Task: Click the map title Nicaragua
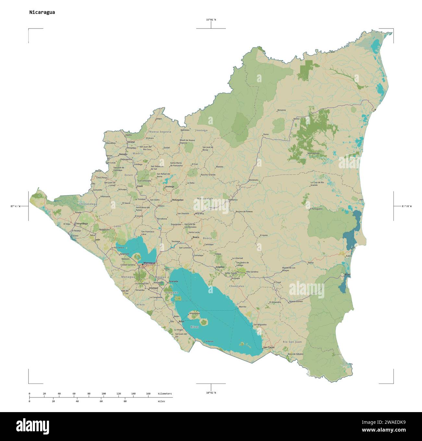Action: coord(42,12)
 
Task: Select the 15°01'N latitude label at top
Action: coord(211,20)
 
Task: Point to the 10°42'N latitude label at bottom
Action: coord(211,393)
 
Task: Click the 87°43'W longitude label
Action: coord(15,206)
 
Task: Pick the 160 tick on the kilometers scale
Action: coord(148,394)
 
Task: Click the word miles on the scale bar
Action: coord(161,401)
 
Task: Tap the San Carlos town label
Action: coord(269,347)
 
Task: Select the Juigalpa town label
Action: coord(220,267)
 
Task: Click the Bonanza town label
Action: coord(281,110)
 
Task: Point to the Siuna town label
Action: coord(266,134)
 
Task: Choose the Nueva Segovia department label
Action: coord(160,132)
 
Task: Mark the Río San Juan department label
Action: coord(292,342)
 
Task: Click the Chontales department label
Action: coord(236,286)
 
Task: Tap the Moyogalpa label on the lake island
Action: coord(194,313)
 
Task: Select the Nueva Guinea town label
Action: coord(296,301)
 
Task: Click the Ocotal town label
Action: coord(131,142)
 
